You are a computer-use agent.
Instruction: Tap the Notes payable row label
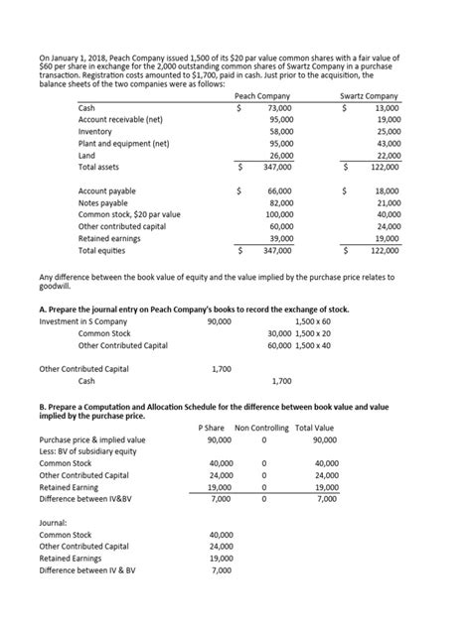click(x=101, y=202)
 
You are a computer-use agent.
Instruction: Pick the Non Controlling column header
click(x=263, y=428)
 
